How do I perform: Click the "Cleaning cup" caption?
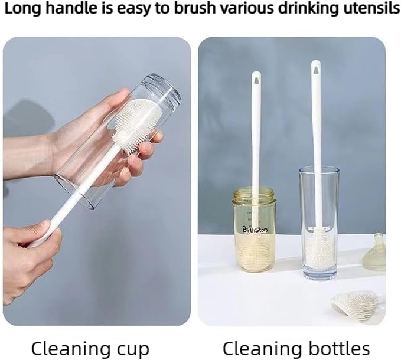click(x=90, y=349)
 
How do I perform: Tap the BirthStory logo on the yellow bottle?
click(x=256, y=229)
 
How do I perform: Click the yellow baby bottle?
click(x=254, y=229)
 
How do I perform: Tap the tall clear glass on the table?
click(x=319, y=222)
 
